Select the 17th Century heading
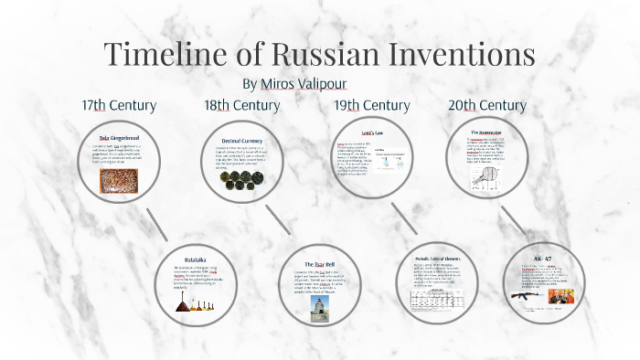coord(119,105)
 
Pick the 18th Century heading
coord(241,105)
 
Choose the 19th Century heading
coord(371,105)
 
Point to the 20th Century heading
coord(486,105)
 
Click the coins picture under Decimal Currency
coord(241,179)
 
